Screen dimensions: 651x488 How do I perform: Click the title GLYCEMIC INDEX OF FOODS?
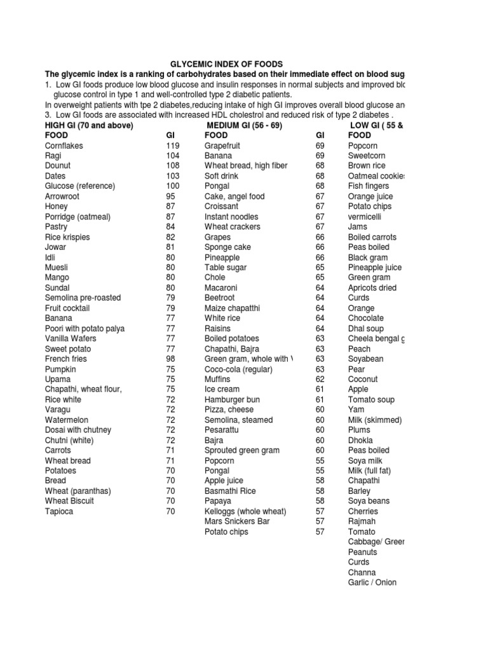225,64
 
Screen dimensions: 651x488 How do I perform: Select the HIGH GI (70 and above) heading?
89,125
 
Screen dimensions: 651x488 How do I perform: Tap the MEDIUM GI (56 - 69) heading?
244,125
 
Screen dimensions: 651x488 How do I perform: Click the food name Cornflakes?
64,146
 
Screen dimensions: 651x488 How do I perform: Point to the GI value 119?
173,146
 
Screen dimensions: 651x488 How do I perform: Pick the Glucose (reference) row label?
80,186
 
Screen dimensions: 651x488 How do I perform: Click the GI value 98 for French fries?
170,359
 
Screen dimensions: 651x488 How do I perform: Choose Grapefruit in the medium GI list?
226,146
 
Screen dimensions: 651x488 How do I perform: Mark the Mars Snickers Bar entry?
237,521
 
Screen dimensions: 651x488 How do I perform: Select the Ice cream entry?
222,390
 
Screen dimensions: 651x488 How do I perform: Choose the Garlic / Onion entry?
372,582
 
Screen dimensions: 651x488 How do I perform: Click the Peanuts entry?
363,552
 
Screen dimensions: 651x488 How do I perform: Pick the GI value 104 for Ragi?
173,156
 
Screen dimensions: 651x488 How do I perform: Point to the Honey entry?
57,207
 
